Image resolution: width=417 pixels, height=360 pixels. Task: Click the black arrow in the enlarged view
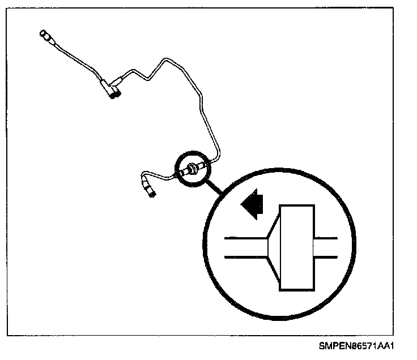(253, 204)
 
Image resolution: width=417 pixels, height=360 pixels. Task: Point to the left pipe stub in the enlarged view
(245, 247)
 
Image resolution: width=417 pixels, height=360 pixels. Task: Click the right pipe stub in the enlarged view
(325, 247)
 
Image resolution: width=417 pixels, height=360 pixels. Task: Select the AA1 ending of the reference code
(386, 345)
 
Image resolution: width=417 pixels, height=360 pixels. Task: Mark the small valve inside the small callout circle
(194, 168)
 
